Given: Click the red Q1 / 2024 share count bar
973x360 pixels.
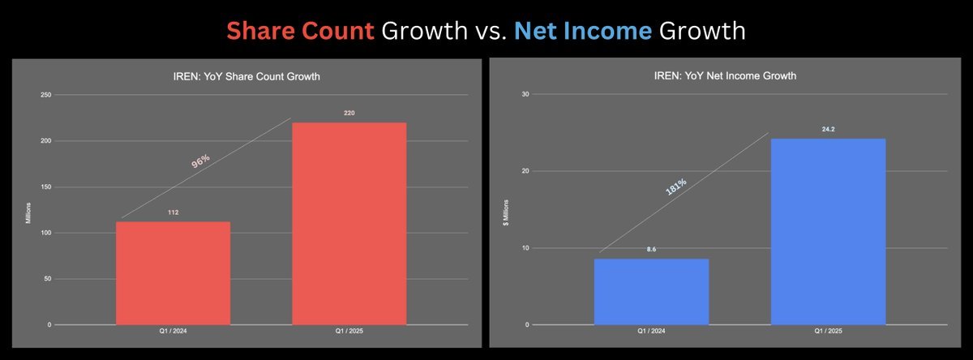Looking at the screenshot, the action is pos(173,273).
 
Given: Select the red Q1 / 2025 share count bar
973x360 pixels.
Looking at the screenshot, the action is pos(349,224).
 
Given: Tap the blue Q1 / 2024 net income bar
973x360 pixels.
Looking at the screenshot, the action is pos(651,292).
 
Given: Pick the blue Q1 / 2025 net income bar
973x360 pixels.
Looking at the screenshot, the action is pos(829,232).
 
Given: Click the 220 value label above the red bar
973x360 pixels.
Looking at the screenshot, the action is pos(349,113).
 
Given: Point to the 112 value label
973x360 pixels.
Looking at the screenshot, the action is pos(173,212).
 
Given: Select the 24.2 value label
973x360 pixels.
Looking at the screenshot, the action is pos(829,129).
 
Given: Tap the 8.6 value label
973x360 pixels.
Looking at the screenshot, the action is pos(651,249).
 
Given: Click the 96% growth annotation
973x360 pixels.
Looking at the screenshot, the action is pos(201,161).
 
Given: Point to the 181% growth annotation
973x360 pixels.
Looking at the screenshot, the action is pos(676,186).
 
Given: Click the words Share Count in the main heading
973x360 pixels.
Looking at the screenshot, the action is pos(300,31).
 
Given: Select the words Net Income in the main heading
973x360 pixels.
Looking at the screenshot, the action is pos(583,31).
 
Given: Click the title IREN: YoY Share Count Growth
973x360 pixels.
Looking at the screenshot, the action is pos(246,76).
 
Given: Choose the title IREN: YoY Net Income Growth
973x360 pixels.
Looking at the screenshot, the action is pos(725,75).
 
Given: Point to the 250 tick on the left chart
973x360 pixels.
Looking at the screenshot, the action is pos(45,95).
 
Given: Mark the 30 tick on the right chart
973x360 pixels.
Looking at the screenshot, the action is pos(525,94).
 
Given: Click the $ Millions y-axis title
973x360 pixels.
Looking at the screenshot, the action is pos(506,212).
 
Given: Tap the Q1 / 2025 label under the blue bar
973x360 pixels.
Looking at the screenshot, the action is pos(828,331).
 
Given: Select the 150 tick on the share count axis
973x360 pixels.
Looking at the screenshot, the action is pos(45,186).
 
